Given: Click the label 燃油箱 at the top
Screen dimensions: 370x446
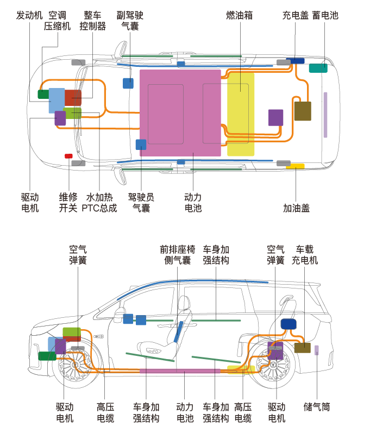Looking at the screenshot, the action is click(239, 15).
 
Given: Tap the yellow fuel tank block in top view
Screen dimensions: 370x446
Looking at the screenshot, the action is click(241, 114).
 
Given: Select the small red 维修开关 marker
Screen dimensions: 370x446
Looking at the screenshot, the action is click(68, 156).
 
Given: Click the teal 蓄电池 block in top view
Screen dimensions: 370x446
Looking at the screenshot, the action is click(318, 68).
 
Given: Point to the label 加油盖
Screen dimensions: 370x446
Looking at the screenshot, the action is click(296, 208).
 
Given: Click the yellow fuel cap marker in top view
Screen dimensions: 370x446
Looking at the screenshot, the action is click(296, 166).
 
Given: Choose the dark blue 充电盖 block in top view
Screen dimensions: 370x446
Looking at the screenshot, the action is click(295, 61).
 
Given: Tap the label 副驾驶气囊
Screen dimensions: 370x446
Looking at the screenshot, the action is click(130, 21).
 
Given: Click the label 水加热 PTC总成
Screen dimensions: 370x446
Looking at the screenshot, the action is click(99, 203).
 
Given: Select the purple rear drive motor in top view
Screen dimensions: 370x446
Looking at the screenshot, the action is click(275, 117).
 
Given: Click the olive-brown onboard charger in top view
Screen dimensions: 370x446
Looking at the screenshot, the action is click(303, 111).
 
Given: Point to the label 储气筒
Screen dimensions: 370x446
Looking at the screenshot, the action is click(317, 407).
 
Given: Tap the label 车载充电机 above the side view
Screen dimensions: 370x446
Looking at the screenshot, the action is click(305, 255).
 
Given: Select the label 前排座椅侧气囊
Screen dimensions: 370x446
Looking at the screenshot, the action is click(178, 255).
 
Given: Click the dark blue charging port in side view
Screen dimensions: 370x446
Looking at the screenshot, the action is click(289, 324).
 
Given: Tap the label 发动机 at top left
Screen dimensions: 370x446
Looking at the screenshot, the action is click(29, 15).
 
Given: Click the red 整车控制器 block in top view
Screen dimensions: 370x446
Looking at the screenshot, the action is click(73, 98).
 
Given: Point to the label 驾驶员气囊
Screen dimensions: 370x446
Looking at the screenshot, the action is click(141, 203).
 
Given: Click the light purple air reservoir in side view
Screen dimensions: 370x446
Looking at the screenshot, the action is click(317, 350).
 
